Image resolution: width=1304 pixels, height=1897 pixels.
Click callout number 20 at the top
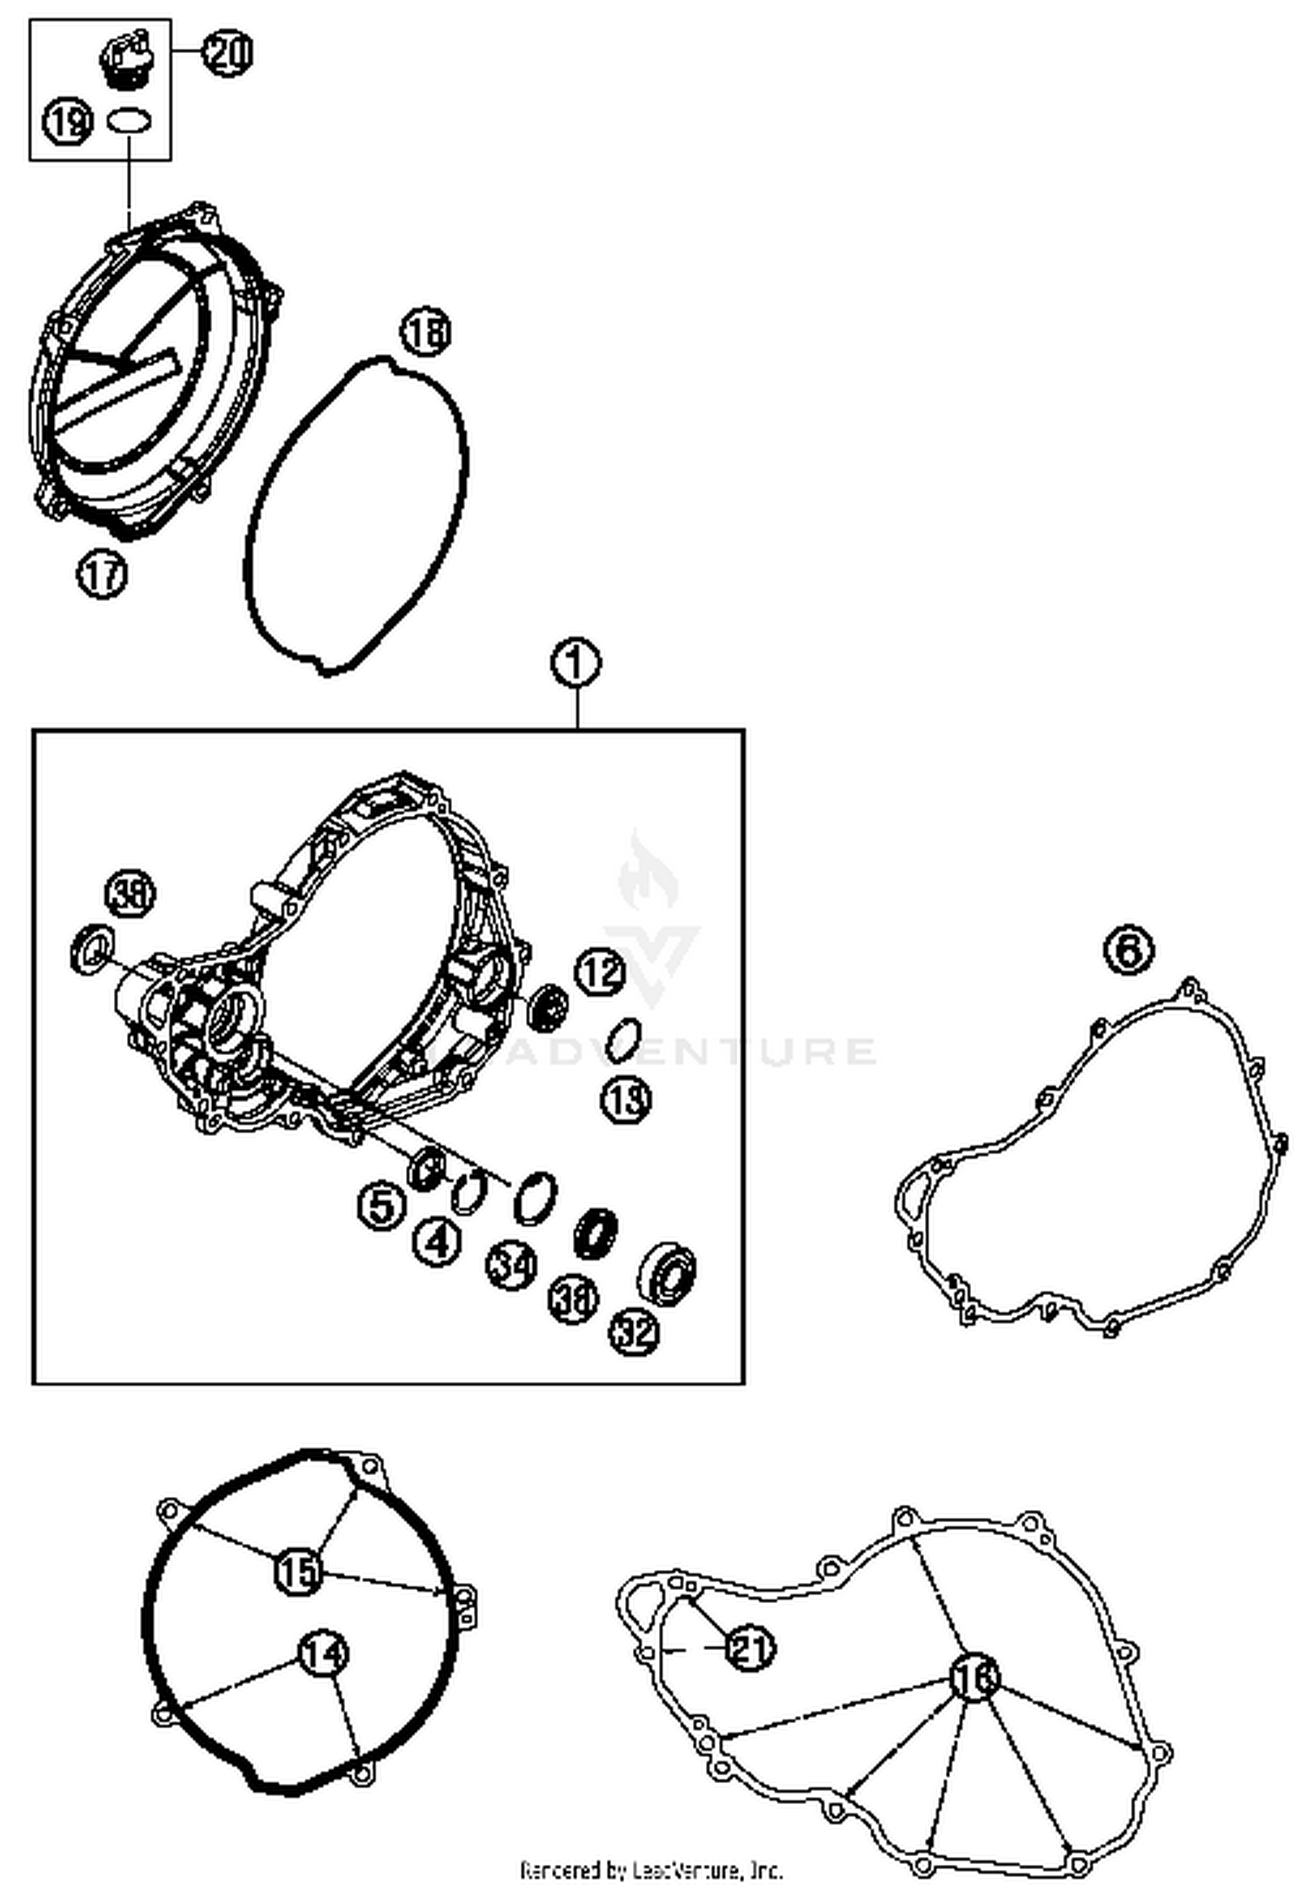228,53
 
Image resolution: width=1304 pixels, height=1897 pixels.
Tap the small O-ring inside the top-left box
130,120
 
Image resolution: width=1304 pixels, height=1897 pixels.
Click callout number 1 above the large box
576,664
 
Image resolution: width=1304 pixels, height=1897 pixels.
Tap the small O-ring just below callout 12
623,1040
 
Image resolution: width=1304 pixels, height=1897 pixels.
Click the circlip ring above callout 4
470,1189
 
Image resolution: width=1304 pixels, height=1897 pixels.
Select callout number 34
510,1266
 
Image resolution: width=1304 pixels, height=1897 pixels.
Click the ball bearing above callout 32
668,1273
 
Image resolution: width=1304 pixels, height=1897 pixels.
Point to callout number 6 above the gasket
1129,949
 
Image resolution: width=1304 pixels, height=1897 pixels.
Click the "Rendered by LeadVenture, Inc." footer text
651,1869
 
